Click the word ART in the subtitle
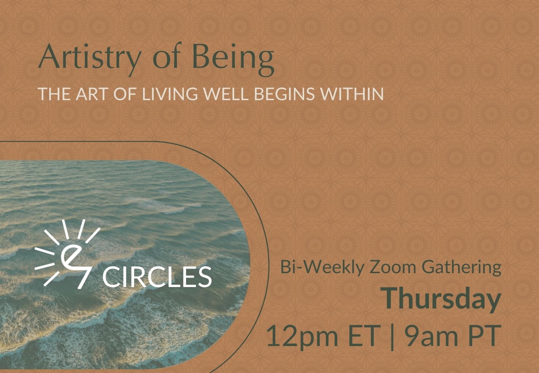pyautogui.click(x=91, y=94)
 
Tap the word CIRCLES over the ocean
pyautogui.click(x=157, y=276)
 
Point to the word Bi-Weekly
pyautogui.click(x=322, y=268)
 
